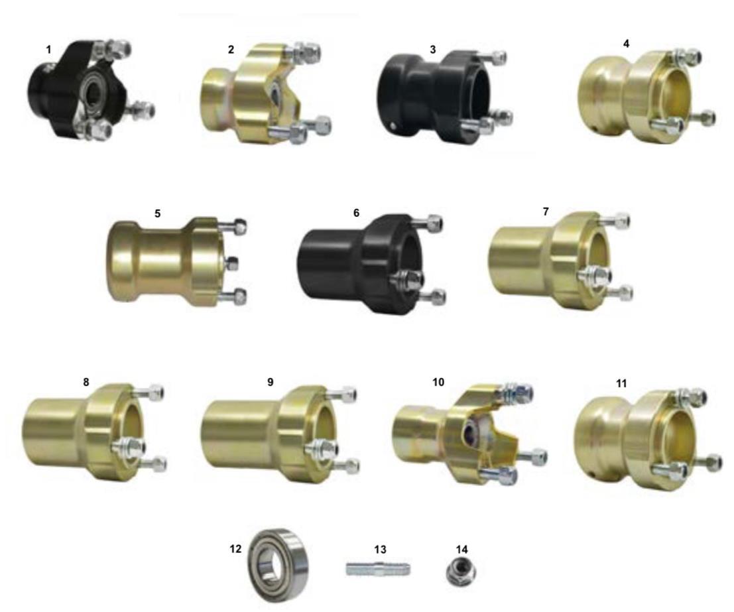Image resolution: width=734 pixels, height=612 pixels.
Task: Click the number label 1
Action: pyautogui.click(x=48, y=49)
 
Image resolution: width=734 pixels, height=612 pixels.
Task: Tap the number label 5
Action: pyautogui.click(x=157, y=214)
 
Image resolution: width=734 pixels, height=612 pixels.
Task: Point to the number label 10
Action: pyautogui.click(x=438, y=382)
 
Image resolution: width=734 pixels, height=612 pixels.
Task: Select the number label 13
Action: pyautogui.click(x=380, y=549)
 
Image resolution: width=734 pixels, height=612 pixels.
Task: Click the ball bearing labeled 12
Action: pyautogui.click(x=278, y=565)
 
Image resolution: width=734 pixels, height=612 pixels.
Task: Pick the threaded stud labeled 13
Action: pyautogui.click(x=379, y=570)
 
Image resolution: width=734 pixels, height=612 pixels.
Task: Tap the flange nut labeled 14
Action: pyautogui.click(x=461, y=572)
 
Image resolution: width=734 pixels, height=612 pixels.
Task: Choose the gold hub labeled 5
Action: pyautogui.click(x=176, y=262)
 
